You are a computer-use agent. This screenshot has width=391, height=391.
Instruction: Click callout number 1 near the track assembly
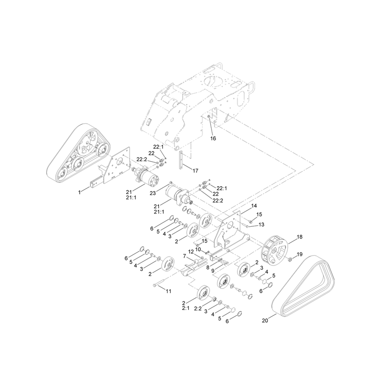point(80,192)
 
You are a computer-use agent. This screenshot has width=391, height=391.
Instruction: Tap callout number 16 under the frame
point(213,138)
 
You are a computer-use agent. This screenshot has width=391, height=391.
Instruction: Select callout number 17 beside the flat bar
point(195,171)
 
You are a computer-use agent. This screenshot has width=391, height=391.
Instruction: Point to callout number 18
point(300,237)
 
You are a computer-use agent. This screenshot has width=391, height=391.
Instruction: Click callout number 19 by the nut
point(300,254)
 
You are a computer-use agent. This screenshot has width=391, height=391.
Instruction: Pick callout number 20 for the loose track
point(265,321)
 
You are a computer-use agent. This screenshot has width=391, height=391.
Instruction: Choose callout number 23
point(152,193)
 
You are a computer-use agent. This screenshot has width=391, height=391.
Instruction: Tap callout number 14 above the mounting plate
point(254,206)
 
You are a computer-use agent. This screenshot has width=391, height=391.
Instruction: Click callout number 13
point(261,225)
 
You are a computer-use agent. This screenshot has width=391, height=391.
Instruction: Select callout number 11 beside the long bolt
point(169,291)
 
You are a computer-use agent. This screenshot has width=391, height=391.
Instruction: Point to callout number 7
point(185,256)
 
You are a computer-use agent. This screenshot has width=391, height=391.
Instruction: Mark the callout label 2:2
point(198,308)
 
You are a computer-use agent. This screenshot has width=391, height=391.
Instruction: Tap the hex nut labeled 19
point(290,260)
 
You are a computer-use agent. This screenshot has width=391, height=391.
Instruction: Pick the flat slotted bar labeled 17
point(181,160)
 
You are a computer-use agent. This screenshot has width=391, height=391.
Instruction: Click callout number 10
point(198,250)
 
